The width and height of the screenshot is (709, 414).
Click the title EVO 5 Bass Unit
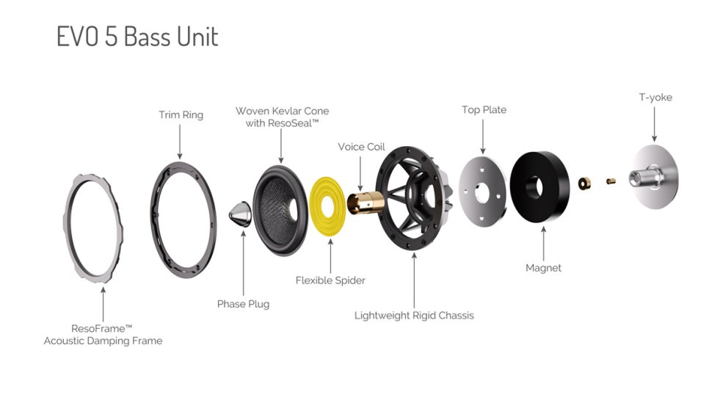pyautogui.click(x=137, y=37)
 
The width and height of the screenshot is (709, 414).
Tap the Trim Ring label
pyautogui.click(x=181, y=115)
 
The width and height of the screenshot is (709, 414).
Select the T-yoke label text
pyautogui.click(x=655, y=97)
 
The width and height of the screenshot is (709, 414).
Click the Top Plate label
pyautogui.click(x=484, y=109)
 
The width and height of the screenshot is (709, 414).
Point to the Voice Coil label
pyautogui.click(x=361, y=147)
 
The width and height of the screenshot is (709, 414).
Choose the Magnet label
pyautogui.click(x=543, y=268)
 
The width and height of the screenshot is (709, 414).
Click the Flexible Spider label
pyautogui.click(x=330, y=280)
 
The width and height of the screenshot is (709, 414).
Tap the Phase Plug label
pyautogui.click(x=243, y=304)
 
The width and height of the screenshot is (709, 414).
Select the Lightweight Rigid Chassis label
pyautogui.click(x=414, y=316)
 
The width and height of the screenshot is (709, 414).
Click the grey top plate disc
pyautogui.click(x=482, y=189)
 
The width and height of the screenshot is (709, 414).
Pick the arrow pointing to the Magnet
pyautogui.click(x=543, y=243)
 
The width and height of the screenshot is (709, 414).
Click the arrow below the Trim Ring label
pyautogui.click(x=181, y=139)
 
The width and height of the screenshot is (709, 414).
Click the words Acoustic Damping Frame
pyautogui.click(x=103, y=341)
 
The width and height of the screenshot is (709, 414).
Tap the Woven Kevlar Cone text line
pyautogui.click(x=282, y=111)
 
